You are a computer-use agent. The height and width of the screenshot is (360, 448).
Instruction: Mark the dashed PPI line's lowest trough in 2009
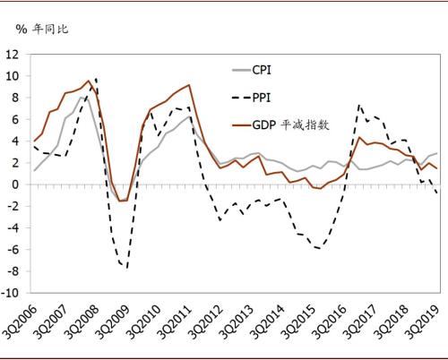click(x=126, y=268)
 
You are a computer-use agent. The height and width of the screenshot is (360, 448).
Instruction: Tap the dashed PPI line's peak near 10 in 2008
click(x=96, y=80)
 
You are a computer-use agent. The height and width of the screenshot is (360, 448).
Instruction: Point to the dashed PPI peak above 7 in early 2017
click(x=359, y=105)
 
